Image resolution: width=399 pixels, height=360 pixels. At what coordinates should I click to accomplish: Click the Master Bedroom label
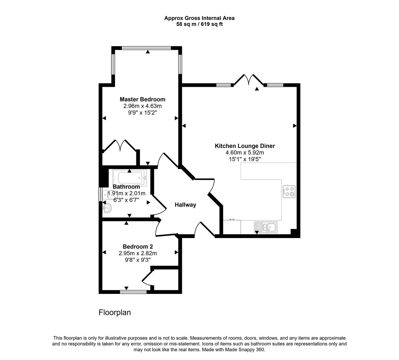tap(142, 99)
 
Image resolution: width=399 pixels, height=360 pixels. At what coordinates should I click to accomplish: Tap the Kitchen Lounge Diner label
tap(245, 146)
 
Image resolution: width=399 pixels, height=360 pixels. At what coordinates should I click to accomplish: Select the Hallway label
tap(185, 205)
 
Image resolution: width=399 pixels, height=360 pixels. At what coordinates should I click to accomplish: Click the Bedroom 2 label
tap(138, 247)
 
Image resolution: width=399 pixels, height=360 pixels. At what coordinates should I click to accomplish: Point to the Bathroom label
tap(126, 187)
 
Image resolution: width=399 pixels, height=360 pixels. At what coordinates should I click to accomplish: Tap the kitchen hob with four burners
tap(289, 192)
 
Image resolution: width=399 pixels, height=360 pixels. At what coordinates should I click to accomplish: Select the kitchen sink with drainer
tap(266, 227)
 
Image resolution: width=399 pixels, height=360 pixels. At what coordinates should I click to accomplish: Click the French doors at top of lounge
tap(249, 80)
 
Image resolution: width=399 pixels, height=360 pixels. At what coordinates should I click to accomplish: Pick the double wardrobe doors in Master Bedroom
tap(120, 146)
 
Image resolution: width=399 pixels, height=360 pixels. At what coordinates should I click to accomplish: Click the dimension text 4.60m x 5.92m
tap(245, 153)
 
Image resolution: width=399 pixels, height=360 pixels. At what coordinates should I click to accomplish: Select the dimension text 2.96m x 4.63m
tap(142, 106)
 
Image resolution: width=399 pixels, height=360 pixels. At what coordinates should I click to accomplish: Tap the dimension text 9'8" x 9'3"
tap(138, 260)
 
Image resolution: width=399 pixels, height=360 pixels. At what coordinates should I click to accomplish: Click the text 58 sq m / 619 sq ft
tap(199, 24)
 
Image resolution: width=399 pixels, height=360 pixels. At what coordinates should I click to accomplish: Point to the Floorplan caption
tap(115, 313)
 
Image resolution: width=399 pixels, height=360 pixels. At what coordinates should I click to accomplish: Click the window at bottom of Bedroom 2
tap(133, 292)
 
